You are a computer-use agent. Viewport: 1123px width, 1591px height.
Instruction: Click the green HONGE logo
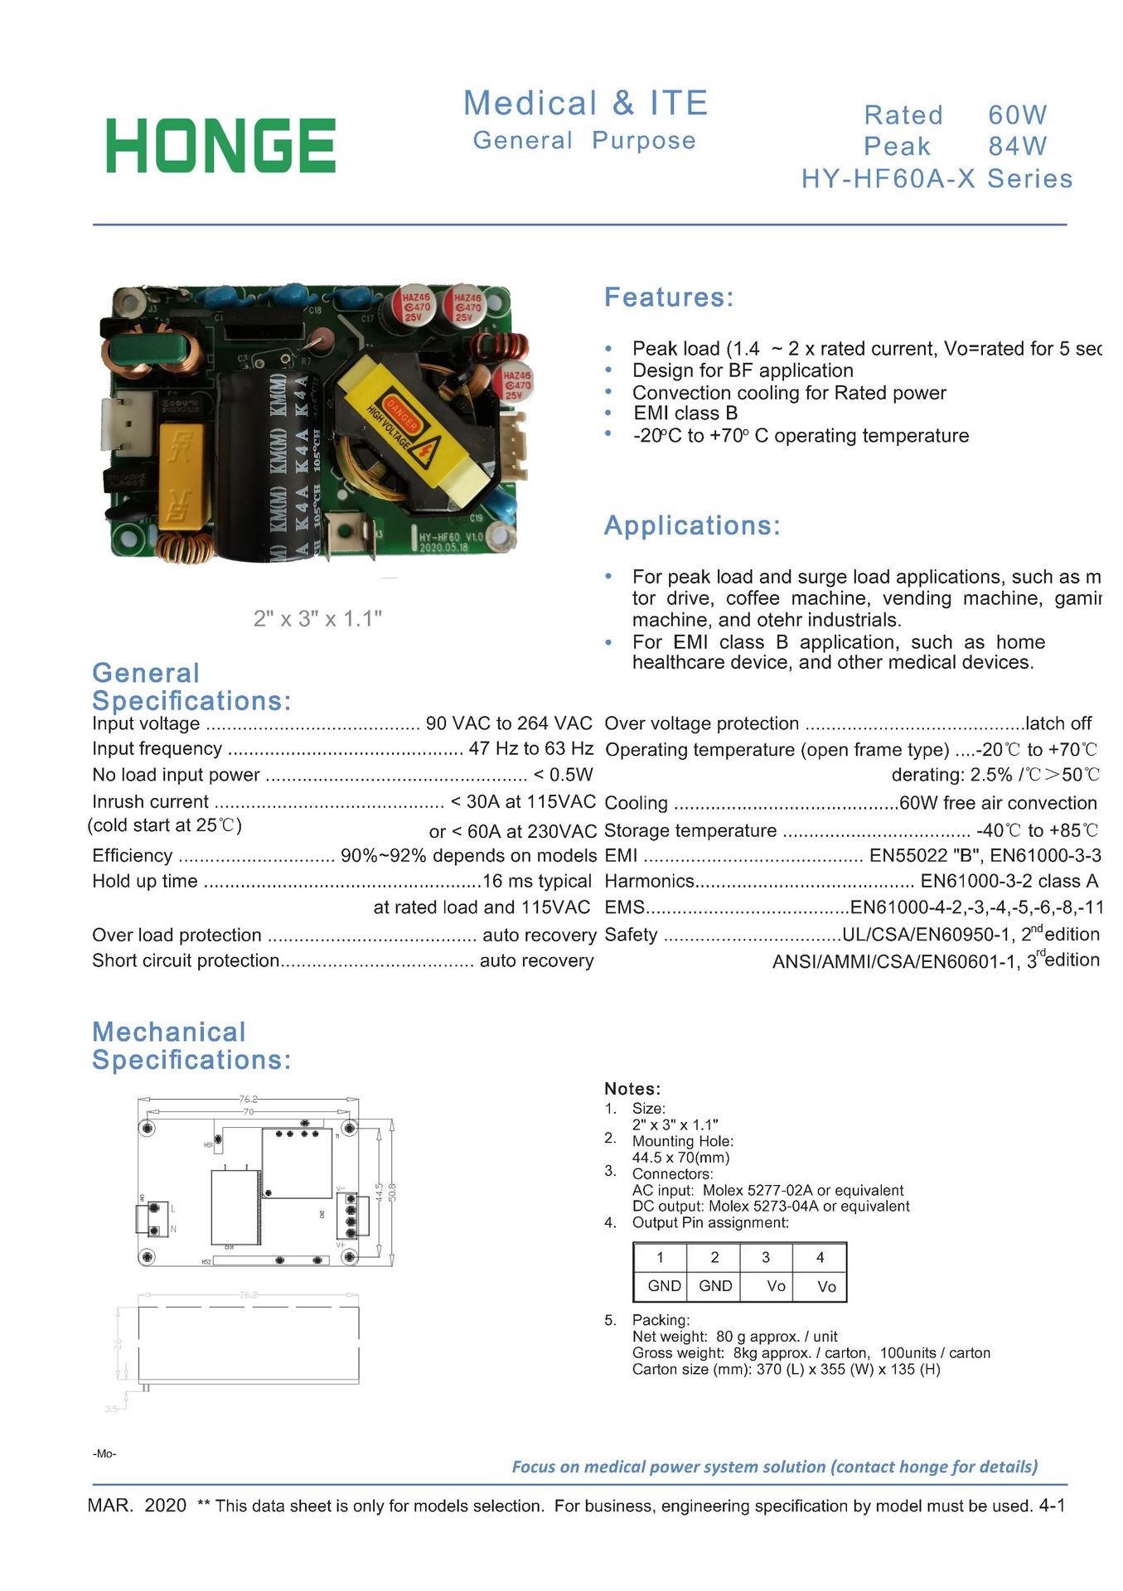220,146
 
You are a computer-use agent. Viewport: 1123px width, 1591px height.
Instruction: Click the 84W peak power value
1017,147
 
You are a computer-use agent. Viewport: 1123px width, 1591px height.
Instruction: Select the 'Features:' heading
669,297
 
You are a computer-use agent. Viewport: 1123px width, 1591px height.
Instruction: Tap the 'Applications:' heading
692,525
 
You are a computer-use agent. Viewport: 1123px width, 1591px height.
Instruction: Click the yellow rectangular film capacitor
181,476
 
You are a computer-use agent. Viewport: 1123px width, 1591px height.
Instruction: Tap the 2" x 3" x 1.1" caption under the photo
317,619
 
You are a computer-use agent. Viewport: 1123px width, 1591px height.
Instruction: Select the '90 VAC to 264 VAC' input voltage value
509,723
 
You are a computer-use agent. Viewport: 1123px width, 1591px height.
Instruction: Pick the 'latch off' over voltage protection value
1058,723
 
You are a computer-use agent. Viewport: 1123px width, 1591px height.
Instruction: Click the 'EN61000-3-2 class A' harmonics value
1009,881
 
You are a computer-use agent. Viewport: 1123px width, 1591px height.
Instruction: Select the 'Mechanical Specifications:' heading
191,1046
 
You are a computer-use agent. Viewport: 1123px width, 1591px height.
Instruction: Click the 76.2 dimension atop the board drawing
249,1100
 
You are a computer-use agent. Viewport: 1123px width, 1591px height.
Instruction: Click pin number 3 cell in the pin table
766,1258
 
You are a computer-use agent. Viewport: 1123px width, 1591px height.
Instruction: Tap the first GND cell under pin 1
664,1286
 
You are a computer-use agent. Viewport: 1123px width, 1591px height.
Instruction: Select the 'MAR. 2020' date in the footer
137,1506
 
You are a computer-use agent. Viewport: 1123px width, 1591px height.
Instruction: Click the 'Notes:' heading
632,1089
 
